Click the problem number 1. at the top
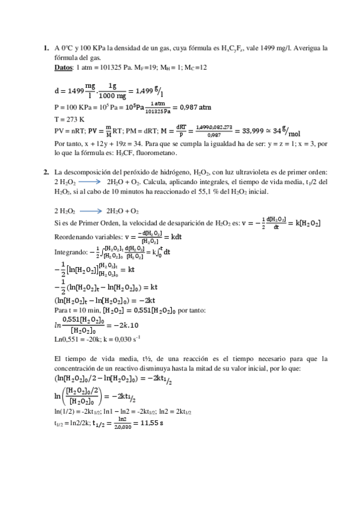46,48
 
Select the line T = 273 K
69,118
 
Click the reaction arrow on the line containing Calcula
90,182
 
